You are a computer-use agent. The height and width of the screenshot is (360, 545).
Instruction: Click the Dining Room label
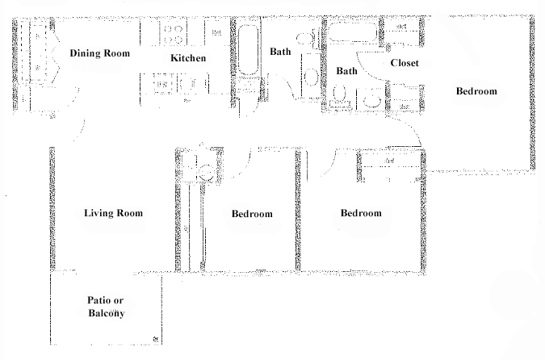(99, 54)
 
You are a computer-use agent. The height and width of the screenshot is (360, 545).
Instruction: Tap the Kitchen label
(188, 59)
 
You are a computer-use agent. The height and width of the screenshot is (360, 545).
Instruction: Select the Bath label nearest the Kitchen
(280, 52)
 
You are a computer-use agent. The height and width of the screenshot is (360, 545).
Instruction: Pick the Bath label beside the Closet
(346, 71)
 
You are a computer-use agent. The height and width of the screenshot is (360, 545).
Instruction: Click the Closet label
(404, 64)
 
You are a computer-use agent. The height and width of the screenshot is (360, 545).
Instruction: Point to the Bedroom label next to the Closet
(476, 91)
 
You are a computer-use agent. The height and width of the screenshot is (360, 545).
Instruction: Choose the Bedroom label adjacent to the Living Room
(252, 214)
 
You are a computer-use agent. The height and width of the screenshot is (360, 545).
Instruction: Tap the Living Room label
(113, 214)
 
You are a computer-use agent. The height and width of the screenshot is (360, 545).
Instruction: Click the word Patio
(99, 300)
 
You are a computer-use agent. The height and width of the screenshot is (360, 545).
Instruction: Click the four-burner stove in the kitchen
(173, 33)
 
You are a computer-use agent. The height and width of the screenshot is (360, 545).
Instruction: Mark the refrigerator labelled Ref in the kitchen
(216, 32)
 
